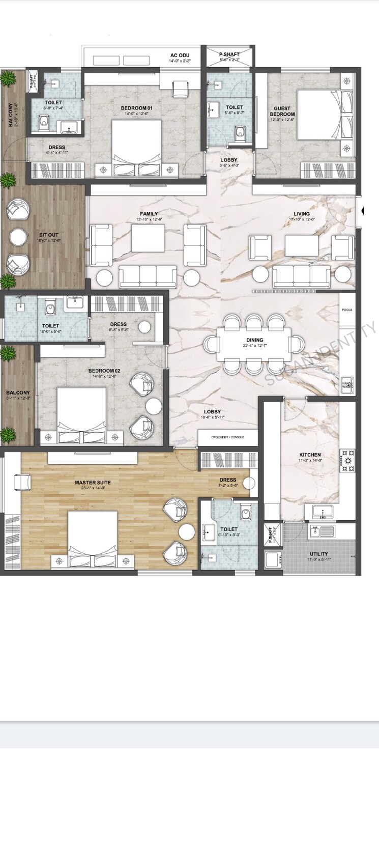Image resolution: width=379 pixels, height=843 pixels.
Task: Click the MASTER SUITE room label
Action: tap(93, 482)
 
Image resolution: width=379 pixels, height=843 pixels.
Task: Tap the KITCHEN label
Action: tap(309, 455)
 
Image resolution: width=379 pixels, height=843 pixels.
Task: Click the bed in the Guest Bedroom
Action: tap(318, 115)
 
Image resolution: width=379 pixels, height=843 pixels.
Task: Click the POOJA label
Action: tap(347, 310)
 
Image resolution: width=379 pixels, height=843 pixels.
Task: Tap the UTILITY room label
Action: tap(318, 554)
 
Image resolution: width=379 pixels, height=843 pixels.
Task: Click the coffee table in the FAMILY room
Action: tap(148, 237)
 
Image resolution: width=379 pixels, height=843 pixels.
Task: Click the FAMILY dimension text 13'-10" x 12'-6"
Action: tap(149, 219)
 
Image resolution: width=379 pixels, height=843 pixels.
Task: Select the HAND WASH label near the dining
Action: tap(347, 385)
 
